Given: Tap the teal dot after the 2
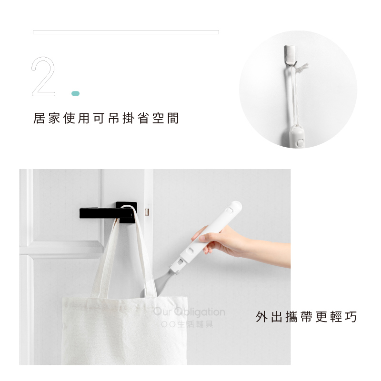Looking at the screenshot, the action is tap(76, 93).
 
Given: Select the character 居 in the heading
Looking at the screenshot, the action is tap(39, 118).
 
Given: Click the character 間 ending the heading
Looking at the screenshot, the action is tap(173, 118).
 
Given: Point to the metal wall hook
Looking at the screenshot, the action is tap(290, 55).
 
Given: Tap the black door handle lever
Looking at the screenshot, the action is tap(106, 213).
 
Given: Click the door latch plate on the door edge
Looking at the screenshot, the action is tap(147, 212).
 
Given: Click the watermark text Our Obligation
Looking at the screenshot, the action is tap(189, 312).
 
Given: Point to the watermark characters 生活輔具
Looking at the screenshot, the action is tap(195, 324).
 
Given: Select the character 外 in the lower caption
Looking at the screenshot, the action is tap(261, 317).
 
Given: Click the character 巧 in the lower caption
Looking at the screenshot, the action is tap(351, 317).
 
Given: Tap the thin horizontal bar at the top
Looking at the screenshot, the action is tap(126, 32).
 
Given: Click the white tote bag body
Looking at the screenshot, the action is tap(124, 333).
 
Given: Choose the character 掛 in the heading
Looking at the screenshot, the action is tap(129, 118).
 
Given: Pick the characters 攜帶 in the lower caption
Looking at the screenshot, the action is tap(299, 317).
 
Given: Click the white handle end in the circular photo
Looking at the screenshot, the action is tap(296, 136).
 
